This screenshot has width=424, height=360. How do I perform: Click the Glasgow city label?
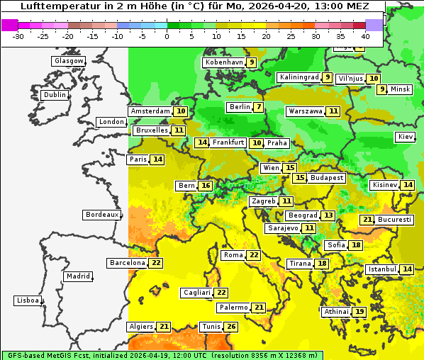click(x=69, y=61)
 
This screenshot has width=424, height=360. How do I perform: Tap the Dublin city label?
click(x=55, y=95)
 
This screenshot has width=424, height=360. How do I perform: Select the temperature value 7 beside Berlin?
click(x=259, y=108)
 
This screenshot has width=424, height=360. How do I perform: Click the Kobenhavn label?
click(x=224, y=62)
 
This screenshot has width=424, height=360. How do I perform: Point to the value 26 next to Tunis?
click(x=230, y=327)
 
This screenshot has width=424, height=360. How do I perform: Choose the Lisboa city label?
click(x=27, y=300)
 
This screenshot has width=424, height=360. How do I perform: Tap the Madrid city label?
click(x=77, y=276)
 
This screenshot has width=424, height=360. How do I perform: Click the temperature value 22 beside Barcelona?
click(x=156, y=263)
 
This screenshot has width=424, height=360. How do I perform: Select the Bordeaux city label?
click(x=101, y=215)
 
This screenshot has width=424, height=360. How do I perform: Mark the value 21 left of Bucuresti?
click(x=367, y=220)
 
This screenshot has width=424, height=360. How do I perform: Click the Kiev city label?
click(x=406, y=137)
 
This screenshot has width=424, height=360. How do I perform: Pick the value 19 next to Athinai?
click(x=359, y=312)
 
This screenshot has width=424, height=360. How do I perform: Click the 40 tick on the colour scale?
click(x=365, y=35)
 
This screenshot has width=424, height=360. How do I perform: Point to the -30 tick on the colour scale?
click(x=18, y=35)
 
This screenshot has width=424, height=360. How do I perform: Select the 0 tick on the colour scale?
click(x=167, y=35)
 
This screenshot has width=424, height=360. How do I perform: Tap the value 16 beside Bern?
click(x=206, y=186)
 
